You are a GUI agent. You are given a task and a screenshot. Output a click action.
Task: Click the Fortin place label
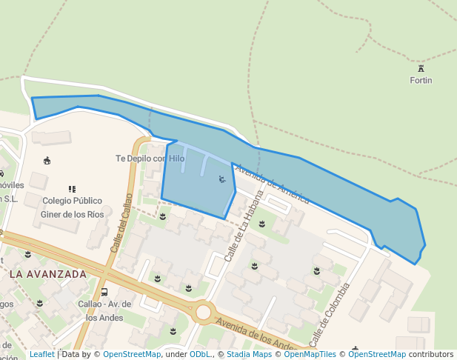point(421,80)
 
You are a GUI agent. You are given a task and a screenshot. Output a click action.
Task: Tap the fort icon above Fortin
point(421,68)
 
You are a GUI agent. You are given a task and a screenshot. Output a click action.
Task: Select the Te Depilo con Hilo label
point(150,159)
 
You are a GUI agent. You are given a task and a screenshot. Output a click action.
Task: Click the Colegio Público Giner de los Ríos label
point(73,207)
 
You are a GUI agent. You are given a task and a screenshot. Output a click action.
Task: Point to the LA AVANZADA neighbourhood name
point(48,274)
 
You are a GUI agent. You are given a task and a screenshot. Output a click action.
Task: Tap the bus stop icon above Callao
point(104,292)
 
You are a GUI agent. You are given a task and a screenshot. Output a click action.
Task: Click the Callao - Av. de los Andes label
point(104,310)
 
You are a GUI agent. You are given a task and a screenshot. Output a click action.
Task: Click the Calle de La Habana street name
point(244,226)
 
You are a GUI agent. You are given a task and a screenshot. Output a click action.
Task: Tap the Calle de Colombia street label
point(329,314)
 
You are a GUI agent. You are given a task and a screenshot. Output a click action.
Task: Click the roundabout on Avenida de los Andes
point(204,312)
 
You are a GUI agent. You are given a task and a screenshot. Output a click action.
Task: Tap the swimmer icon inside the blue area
point(221,179)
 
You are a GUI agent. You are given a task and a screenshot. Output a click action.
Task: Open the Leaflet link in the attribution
point(42,354)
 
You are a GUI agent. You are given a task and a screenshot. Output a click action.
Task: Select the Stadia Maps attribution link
point(249,354)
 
